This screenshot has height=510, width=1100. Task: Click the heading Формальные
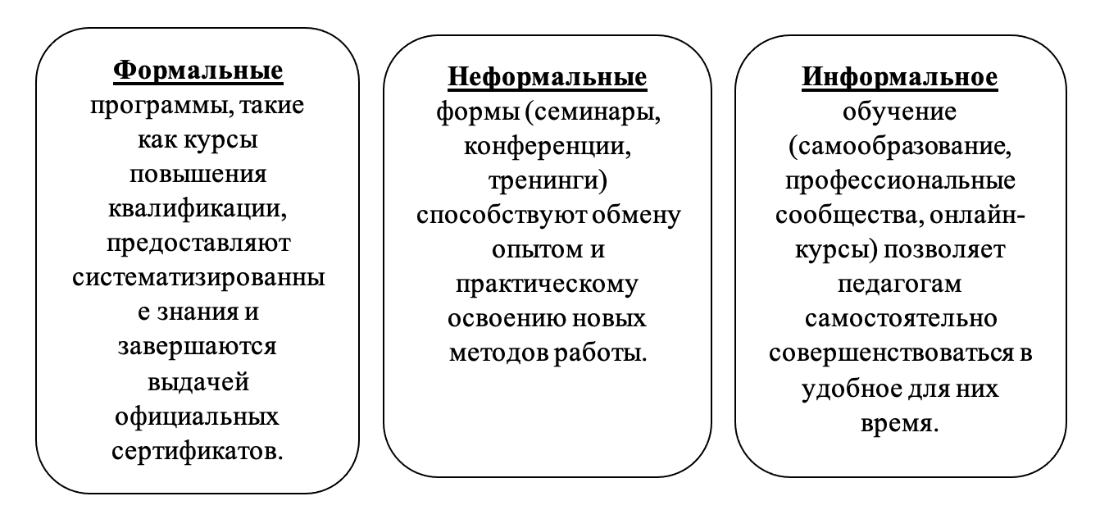point(198,71)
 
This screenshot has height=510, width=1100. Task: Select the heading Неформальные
point(548,77)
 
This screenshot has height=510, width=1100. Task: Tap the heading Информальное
point(900,77)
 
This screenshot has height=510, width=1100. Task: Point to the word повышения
point(198,175)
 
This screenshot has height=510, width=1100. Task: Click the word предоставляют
point(198,244)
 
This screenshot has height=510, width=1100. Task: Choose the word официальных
point(197,417)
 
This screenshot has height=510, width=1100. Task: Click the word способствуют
point(502,216)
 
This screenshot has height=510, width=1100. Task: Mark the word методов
point(499,353)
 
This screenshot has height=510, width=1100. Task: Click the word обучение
point(900,112)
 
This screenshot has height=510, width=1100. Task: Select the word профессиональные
point(900,181)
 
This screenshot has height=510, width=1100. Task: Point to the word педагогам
point(900,285)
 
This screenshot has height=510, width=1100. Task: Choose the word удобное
point(851,389)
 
